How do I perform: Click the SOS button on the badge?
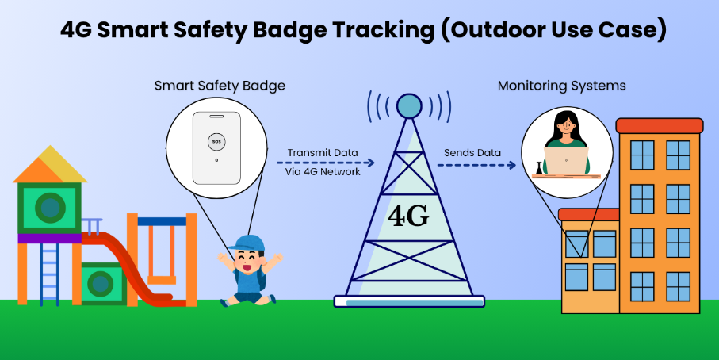pyautogui.click(x=216, y=142)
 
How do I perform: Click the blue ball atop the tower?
pyautogui.click(x=409, y=105)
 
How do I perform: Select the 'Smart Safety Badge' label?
pyautogui.click(x=220, y=85)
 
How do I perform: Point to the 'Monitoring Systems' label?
pyautogui.click(x=561, y=85)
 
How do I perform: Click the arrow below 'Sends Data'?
pyautogui.click(x=476, y=165)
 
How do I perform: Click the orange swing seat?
pyautogui.click(x=162, y=279)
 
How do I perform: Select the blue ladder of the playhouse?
pyautogui.click(x=49, y=273)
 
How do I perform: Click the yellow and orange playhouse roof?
pyautogui.click(x=50, y=165)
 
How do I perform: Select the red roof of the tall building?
pyautogui.click(x=659, y=125)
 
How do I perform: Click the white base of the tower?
pyautogui.click(x=408, y=301)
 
